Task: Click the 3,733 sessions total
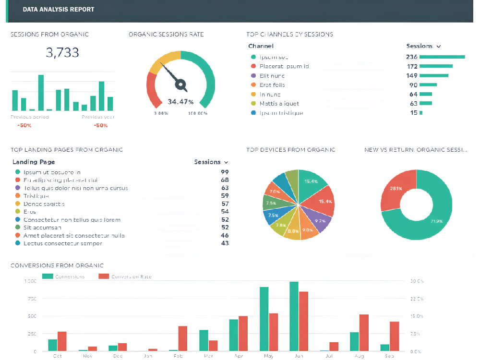tap(62, 53)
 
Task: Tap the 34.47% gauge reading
tap(180, 102)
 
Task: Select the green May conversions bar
tap(264, 319)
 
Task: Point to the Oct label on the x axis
tap(57, 356)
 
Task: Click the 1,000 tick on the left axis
tap(30, 281)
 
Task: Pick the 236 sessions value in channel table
tap(411, 57)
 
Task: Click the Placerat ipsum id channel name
tap(284, 66)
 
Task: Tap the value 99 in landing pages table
tap(225, 172)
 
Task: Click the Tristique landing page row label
tap(36, 196)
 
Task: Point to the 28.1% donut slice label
tap(396, 188)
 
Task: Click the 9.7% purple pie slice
tap(320, 221)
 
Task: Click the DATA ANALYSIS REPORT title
tap(59, 9)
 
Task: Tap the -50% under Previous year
tap(101, 125)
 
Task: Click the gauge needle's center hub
tap(181, 85)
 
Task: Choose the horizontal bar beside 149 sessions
tap(434, 75)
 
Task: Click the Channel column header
tap(261, 46)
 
